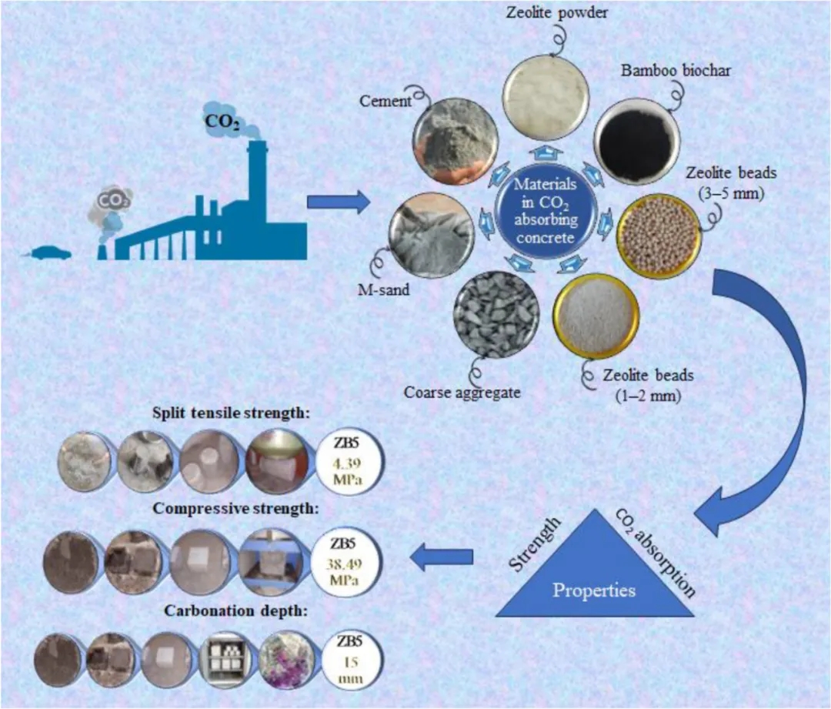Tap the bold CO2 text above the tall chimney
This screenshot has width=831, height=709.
coord(221,121)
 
